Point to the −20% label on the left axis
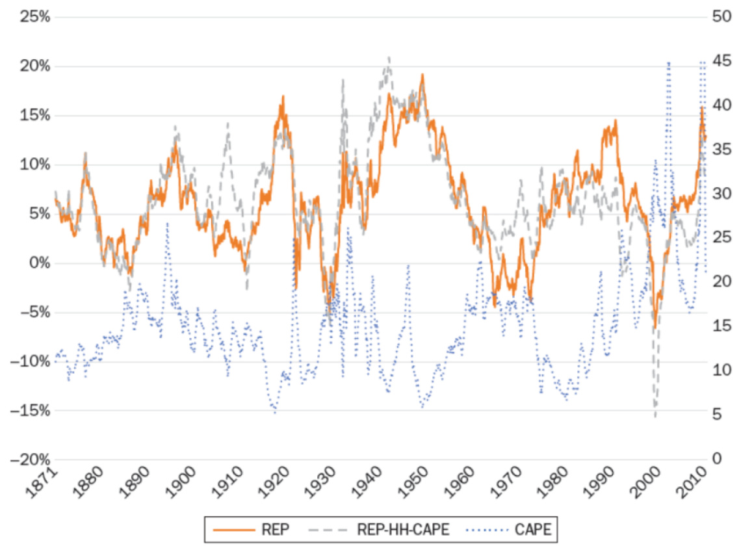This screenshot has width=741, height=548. (30, 460)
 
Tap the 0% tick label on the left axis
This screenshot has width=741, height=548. (38, 263)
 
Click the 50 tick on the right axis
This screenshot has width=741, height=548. (721, 17)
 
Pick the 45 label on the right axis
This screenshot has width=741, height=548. (721, 61)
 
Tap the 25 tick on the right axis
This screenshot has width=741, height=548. (721, 239)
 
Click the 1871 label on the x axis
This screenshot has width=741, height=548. (44, 481)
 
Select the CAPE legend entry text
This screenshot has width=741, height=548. (533, 530)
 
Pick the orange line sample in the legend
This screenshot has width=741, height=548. (231, 530)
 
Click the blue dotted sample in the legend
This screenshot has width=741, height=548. (491, 530)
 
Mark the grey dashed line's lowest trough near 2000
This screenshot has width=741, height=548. (655, 417)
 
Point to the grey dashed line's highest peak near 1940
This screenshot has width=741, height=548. (389, 57)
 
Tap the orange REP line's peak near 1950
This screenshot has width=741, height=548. (422, 75)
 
